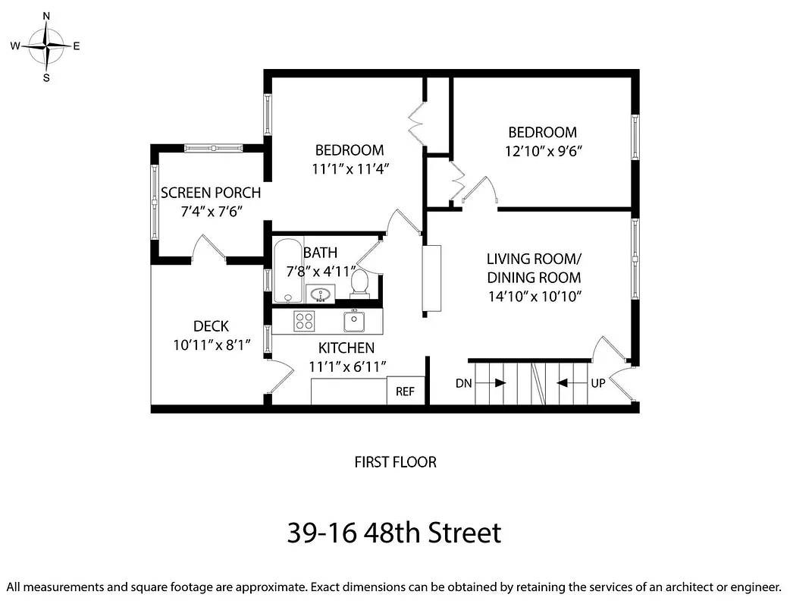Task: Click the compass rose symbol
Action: point(46,46)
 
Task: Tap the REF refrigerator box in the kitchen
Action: point(406,392)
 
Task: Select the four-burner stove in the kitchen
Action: point(305,321)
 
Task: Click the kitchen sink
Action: point(354,321)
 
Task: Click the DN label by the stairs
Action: point(463,383)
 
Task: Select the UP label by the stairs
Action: point(598,383)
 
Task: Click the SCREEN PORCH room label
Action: point(211,193)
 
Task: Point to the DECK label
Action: point(211,326)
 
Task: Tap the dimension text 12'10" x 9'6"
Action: point(543,151)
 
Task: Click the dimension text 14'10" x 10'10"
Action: point(534,297)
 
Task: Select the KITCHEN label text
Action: point(346,348)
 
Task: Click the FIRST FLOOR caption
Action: point(395,461)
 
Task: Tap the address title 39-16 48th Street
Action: point(394,533)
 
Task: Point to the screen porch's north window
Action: point(213,148)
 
